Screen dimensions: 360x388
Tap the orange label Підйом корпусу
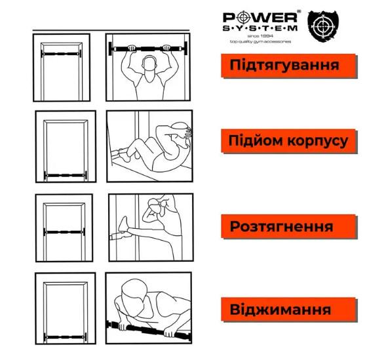tap(288, 141)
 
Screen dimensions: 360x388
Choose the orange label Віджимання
tap(281, 309)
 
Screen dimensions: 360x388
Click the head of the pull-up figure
tap(148, 64)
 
